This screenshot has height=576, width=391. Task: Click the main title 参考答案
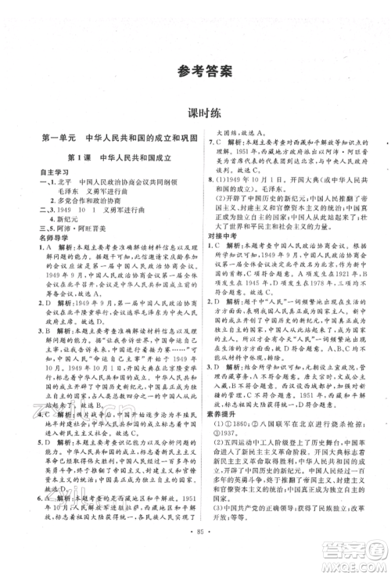point(195,71)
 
